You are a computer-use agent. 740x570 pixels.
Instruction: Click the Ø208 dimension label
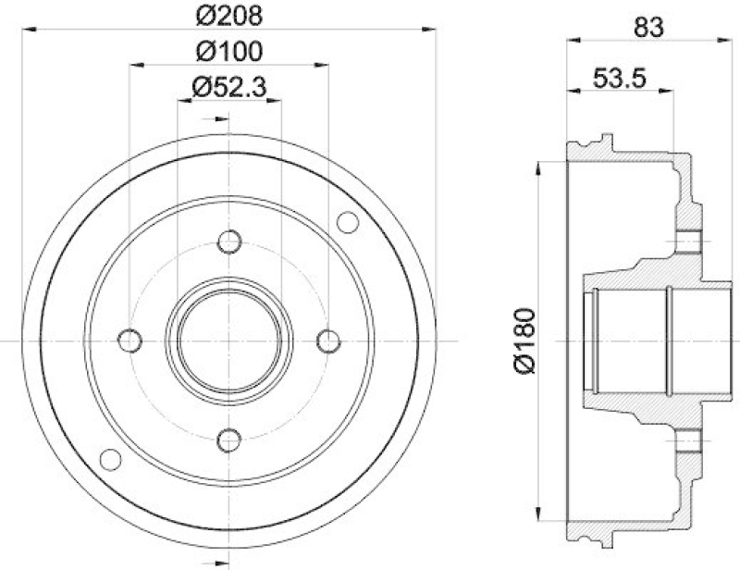tap(229, 17)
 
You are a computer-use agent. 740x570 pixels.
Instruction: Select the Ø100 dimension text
tap(229, 51)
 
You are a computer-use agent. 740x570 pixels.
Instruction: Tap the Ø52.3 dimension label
tap(229, 87)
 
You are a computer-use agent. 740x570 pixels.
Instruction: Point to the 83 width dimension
tap(648, 27)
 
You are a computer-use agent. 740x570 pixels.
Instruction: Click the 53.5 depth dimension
tap(619, 78)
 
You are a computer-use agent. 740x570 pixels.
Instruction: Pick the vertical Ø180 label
tap(525, 341)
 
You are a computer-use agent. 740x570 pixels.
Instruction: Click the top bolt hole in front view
tap(229, 242)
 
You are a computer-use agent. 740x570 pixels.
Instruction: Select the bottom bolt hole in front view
tap(229, 440)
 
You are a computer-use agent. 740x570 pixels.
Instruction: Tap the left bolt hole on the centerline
tap(129, 341)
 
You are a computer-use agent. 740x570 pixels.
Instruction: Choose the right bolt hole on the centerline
tap(328, 341)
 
